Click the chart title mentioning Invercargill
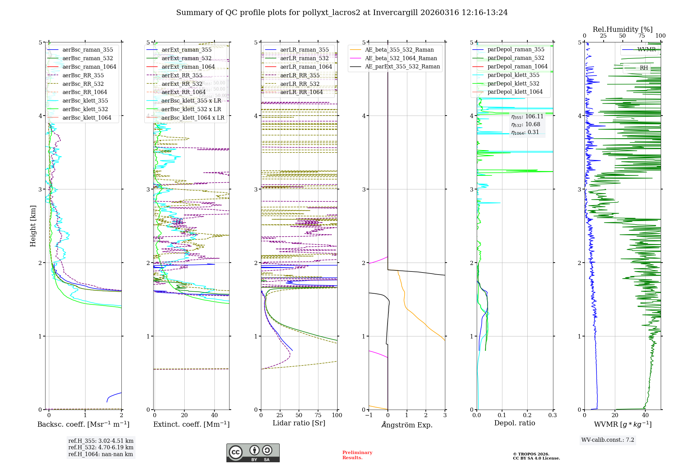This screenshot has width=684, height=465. pyautogui.click(x=342, y=13)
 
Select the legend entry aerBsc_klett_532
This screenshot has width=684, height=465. pyautogui.click(x=85, y=109)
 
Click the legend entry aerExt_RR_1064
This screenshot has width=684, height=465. pyautogui.click(x=183, y=92)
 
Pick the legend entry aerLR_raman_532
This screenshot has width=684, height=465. pyautogui.click(x=304, y=58)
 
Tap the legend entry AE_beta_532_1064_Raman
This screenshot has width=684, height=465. pyautogui.click(x=401, y=58)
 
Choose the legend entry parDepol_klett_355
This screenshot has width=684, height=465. pyautogui.click(x=513, y=75)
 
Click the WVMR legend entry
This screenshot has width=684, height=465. pyautogui.click(x=646, y=50)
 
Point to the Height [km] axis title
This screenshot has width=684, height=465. pyautogui.click(x=33, y=226)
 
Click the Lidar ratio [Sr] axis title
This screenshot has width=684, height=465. pyautogui.click(x=299, y=423)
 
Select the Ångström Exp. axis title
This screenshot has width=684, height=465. pyautogui.click(x=407, y=425)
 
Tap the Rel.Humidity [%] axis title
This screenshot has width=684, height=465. pyautogui.click(x=622, y=29)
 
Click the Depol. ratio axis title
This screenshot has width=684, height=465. pyautogui.click(x=514, y=423)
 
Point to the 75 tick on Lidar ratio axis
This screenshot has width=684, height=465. pyautogui.click(x=318, y=415)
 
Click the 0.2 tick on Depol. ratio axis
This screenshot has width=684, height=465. pyautogui.click(x=527, y=415)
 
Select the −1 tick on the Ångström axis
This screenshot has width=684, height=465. pyautogui.click(x=369, y=415)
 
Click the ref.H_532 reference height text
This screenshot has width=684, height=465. pyautogui.click(x=101, y=448)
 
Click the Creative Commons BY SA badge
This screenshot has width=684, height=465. pyautogui.click(x=253, y=453)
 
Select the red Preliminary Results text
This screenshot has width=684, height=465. pyautogui.click(x=357, y=455)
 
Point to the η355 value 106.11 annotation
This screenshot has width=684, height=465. pyautogui.click(x=527, y=117)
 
